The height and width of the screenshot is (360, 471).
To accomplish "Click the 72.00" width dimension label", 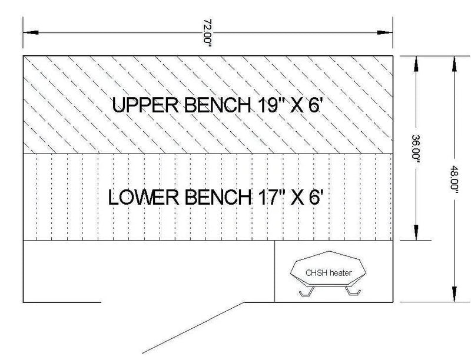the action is click(x=208, y=33).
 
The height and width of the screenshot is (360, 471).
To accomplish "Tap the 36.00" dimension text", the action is click(x=416, y=149).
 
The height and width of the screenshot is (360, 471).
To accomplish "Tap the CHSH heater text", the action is click(x=329, y=273).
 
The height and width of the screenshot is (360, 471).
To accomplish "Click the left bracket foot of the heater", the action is click(x=307, y=292).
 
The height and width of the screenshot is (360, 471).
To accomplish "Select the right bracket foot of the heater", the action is click(x=353, y=291).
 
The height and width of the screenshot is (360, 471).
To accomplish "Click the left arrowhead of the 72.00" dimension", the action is click(x=31, y=32).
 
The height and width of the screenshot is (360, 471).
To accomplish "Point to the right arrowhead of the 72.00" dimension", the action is click(x=385, y=32).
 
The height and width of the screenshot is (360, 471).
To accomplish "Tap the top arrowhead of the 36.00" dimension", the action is click(x=416, y=64).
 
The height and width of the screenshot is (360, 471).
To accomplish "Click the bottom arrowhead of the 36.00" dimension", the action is click(x=416, y=232).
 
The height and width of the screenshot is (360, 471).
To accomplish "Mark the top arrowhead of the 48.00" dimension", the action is click(x=454, y=64).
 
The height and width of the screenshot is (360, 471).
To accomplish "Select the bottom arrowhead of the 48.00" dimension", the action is click(x=454, y=294).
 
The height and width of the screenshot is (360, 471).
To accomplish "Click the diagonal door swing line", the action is click(x=194, y=328).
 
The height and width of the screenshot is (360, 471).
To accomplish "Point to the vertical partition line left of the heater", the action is click(x=274, y=271).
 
